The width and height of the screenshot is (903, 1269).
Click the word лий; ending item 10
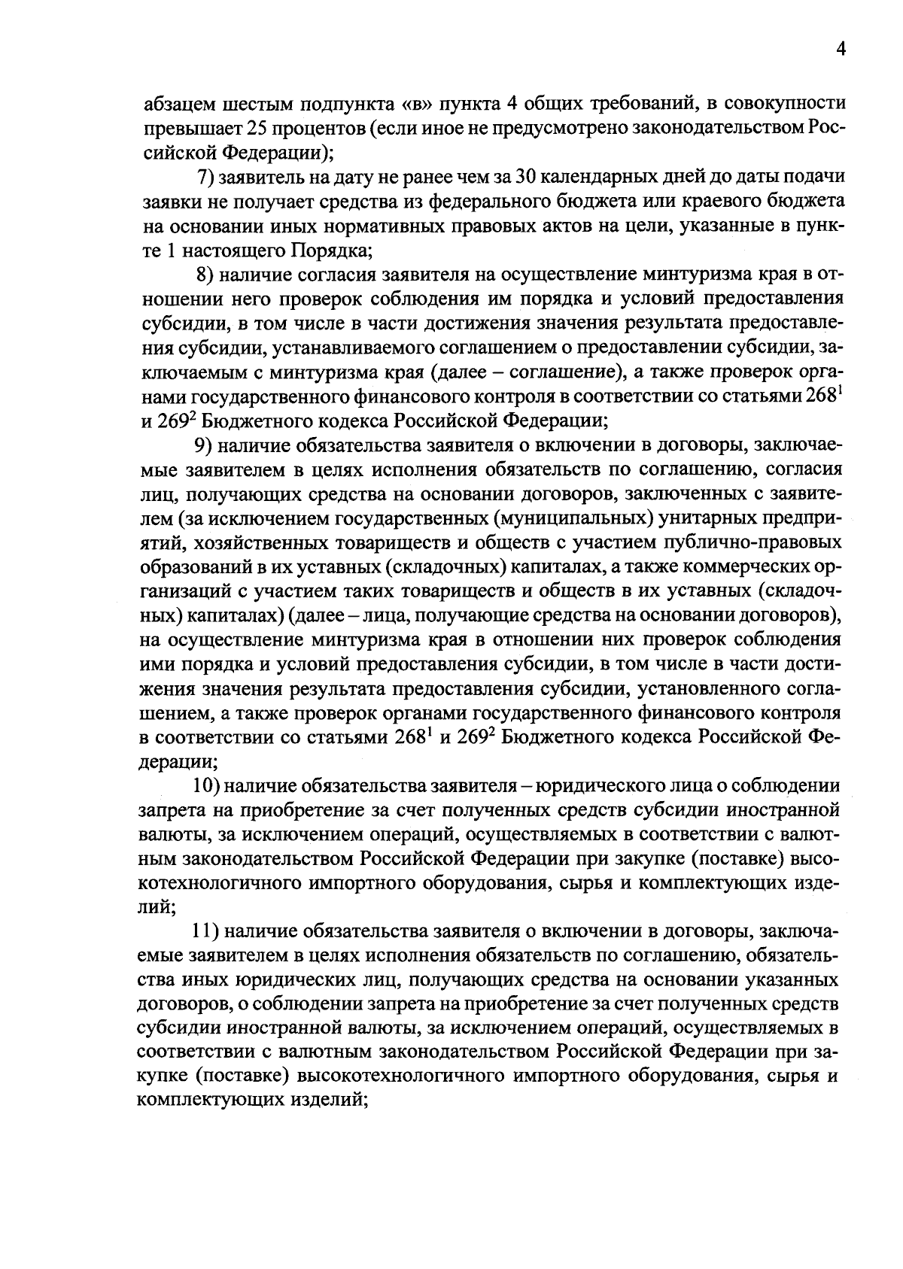pyautogui.click(x=157, y=907)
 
